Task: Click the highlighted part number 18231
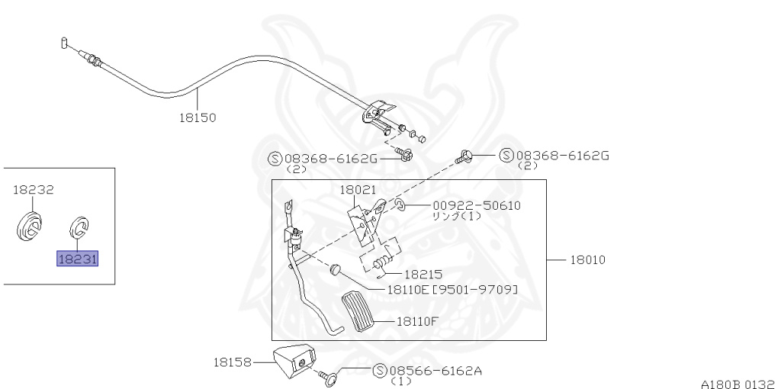pyautogui.click(x=77, y=259)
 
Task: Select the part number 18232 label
pyautogui.click(x=34, y=190)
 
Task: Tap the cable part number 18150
pyautogui.click(x=198, y=117)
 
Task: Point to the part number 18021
pyautogui.click(x=358, y=190)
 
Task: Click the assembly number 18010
pyautogui.click(x=588, y=259)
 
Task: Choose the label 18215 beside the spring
pyautogui.click(x=423, y=275)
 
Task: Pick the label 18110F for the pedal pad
pyautogui.click(x=417, y=321)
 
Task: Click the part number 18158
pyautogui.click(x=232, y=362)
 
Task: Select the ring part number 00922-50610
pyautogui.click(x=476, y=205)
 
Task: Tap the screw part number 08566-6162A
pyautogui.click(x=435, y=371)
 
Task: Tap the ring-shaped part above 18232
pyautogui.click(x=30, y=227)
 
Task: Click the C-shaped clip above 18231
pyautogui.click(x=79, y=227)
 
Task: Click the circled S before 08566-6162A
pyautogui.click(x=380, y=371)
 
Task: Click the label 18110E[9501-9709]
pyautogui.click(x=452, y=289)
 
